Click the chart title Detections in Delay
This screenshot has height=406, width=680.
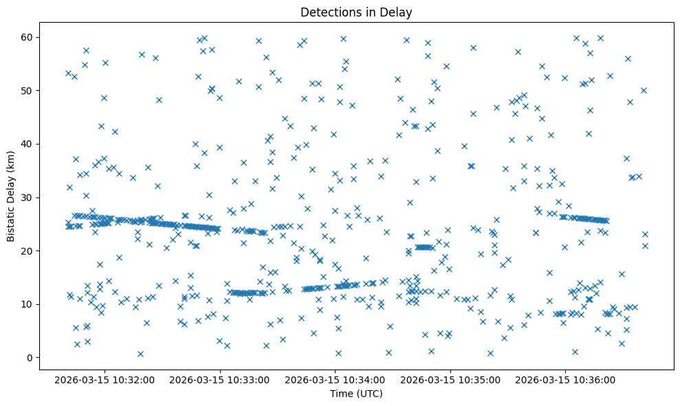(356, 12)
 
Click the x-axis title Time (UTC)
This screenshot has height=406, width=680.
(356, 394)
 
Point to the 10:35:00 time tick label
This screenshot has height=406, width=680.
(450, 379)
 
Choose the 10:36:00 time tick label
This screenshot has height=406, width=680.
(566, 379)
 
